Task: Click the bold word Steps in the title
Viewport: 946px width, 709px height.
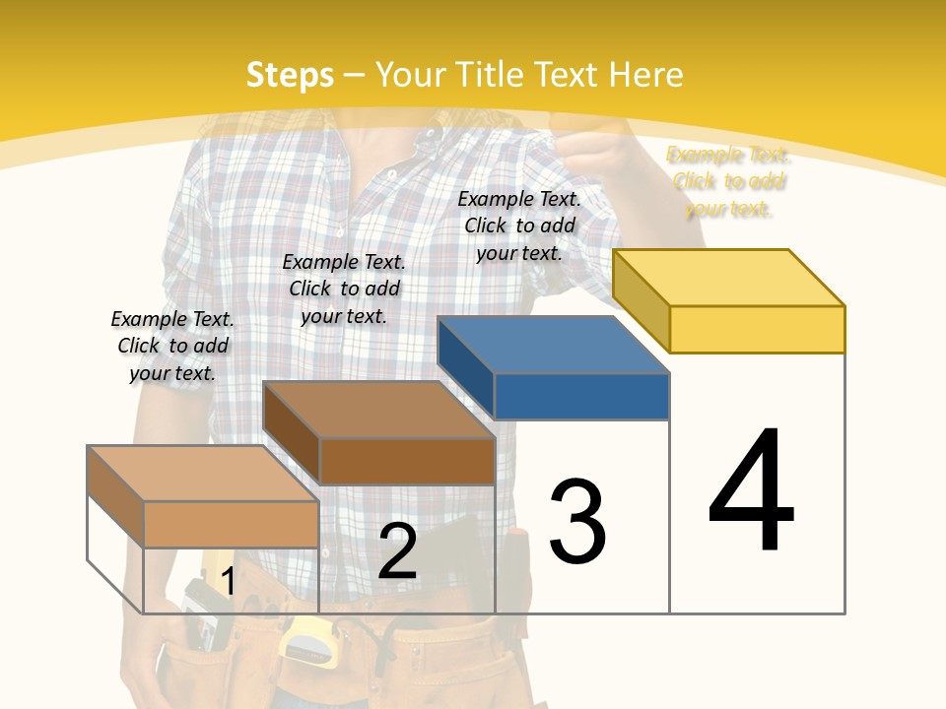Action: click(x=290, y=75)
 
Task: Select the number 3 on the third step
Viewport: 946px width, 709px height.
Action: click(x=577, y=521)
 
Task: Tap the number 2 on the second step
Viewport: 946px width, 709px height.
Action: click(x=397, y=551)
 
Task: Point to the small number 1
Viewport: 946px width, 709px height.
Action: click(x=228, y=581)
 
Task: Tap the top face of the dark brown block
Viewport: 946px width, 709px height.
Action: click(x=379, y=410)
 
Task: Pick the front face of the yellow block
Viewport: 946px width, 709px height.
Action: click(x=757, y=329)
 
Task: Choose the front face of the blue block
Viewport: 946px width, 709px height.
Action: click(x=581, y=396)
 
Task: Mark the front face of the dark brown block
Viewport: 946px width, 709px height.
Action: click(x=407, y=461)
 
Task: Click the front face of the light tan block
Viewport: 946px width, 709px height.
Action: click(x=231, y=524)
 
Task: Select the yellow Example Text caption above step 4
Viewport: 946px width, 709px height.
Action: click(x=728, y=181)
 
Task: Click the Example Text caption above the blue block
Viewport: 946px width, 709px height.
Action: click(x=519, y=226)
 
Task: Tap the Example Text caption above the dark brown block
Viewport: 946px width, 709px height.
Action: click(x=344, y=289)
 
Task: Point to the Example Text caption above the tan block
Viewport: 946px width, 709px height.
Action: click(x=172, y=346)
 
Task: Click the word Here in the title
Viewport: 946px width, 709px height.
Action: click(x=645, y=75)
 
